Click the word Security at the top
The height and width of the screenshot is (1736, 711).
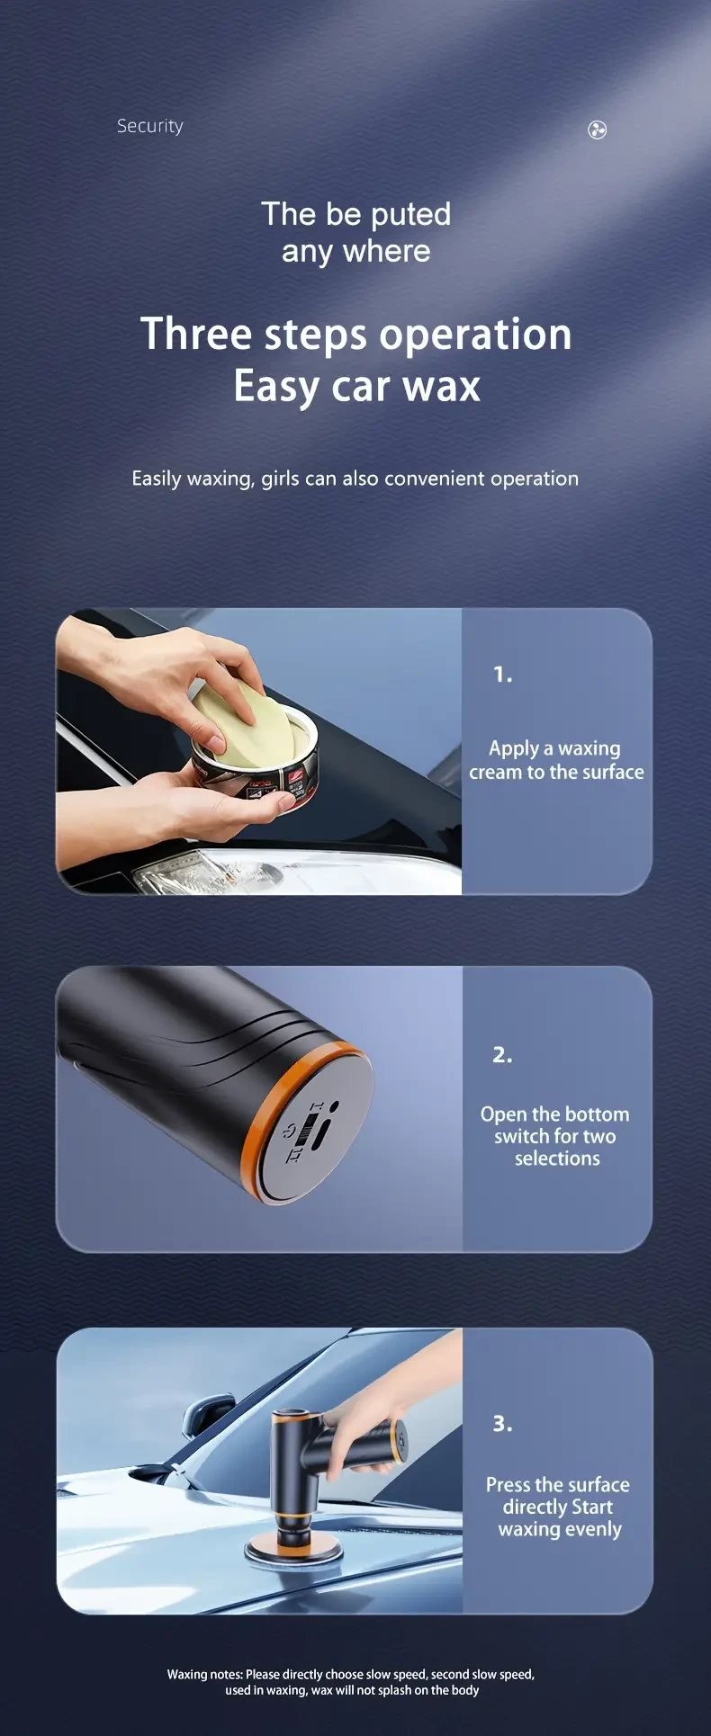click(149, 126)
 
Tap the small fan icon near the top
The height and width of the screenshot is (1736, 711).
click(597, 130)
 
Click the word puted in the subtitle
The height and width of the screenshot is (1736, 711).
click(410, 215)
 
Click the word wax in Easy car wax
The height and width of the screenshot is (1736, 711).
click(441, 386)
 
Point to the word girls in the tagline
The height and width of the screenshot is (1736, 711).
click(280, 479)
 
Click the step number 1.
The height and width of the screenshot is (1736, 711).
click(502, 674)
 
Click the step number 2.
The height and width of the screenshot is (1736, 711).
click(502, 1054)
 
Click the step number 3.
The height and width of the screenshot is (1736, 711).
click(502, 1424)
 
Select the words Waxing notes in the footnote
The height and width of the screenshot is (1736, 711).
click(204, 1674)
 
